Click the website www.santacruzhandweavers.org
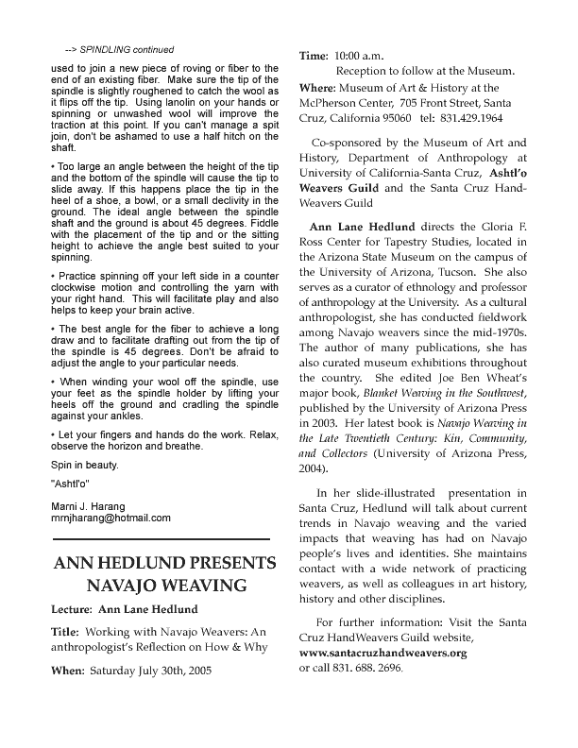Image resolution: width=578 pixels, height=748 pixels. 382,653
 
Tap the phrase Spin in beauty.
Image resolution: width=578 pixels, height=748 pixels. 84,467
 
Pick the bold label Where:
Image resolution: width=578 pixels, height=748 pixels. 319,88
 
